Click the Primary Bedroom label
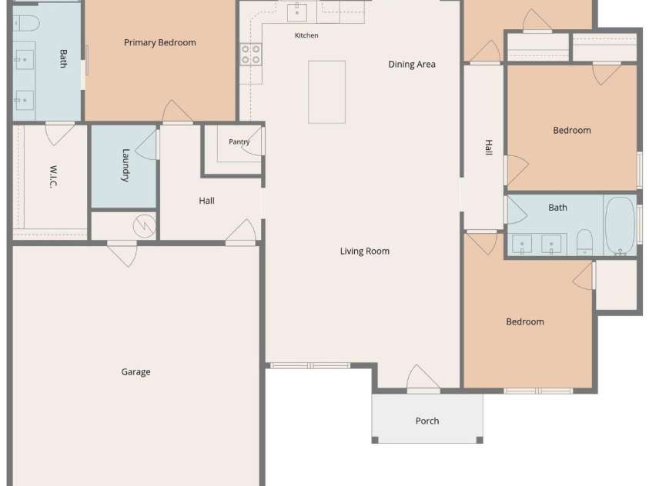point(160,42)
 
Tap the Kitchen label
point(306,35)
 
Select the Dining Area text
point(412,65)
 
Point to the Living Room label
point(365,251)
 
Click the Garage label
point(135,372)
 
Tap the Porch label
point(427,421)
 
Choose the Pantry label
point(239,141)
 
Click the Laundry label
point(125,165)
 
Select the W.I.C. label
point(53,176)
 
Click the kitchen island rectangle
point(326,92)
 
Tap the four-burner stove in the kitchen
point(251,55)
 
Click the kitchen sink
point(296,12)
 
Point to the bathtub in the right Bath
point(620,225)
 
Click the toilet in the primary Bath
point(26,23)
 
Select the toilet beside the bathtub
point(584,242)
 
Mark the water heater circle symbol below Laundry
point(144,226)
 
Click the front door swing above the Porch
point(423,378)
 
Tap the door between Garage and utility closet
point(122,253)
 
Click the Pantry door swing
point(253,141)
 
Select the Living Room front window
point(310,366)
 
